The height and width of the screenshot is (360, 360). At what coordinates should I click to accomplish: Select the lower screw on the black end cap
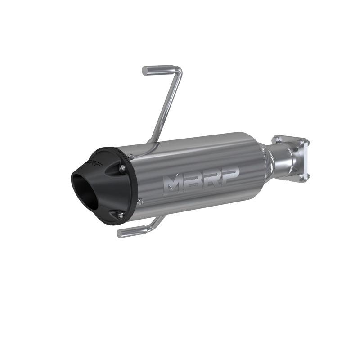pyautogui.click(x=121, y=216)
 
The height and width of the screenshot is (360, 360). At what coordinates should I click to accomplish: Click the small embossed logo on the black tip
pyautogui.click(x=96, y=160)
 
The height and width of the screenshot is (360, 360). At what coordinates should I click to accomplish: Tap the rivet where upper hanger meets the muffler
pyautogui.click(x=131, y=156)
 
